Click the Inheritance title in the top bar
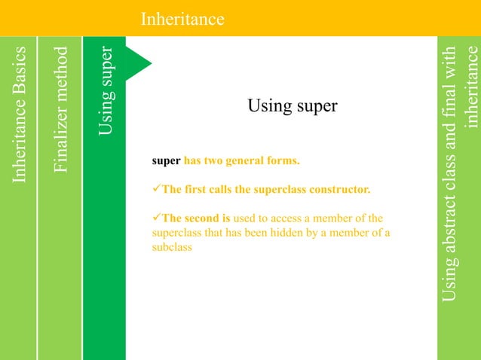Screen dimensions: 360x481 pyautogui.click(x=182, y=18)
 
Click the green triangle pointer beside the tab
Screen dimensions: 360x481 pyautogui.click(x=137, y=63)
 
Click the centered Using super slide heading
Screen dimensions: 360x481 pyautogui.click(x=292, y=106)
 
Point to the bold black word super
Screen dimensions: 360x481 pyautogui.click(x=166, y=160)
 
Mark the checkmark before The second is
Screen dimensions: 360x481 pyautogui.click(x=157, y=218)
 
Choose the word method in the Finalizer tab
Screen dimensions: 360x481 pyautogui.click(x=62, y=72)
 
